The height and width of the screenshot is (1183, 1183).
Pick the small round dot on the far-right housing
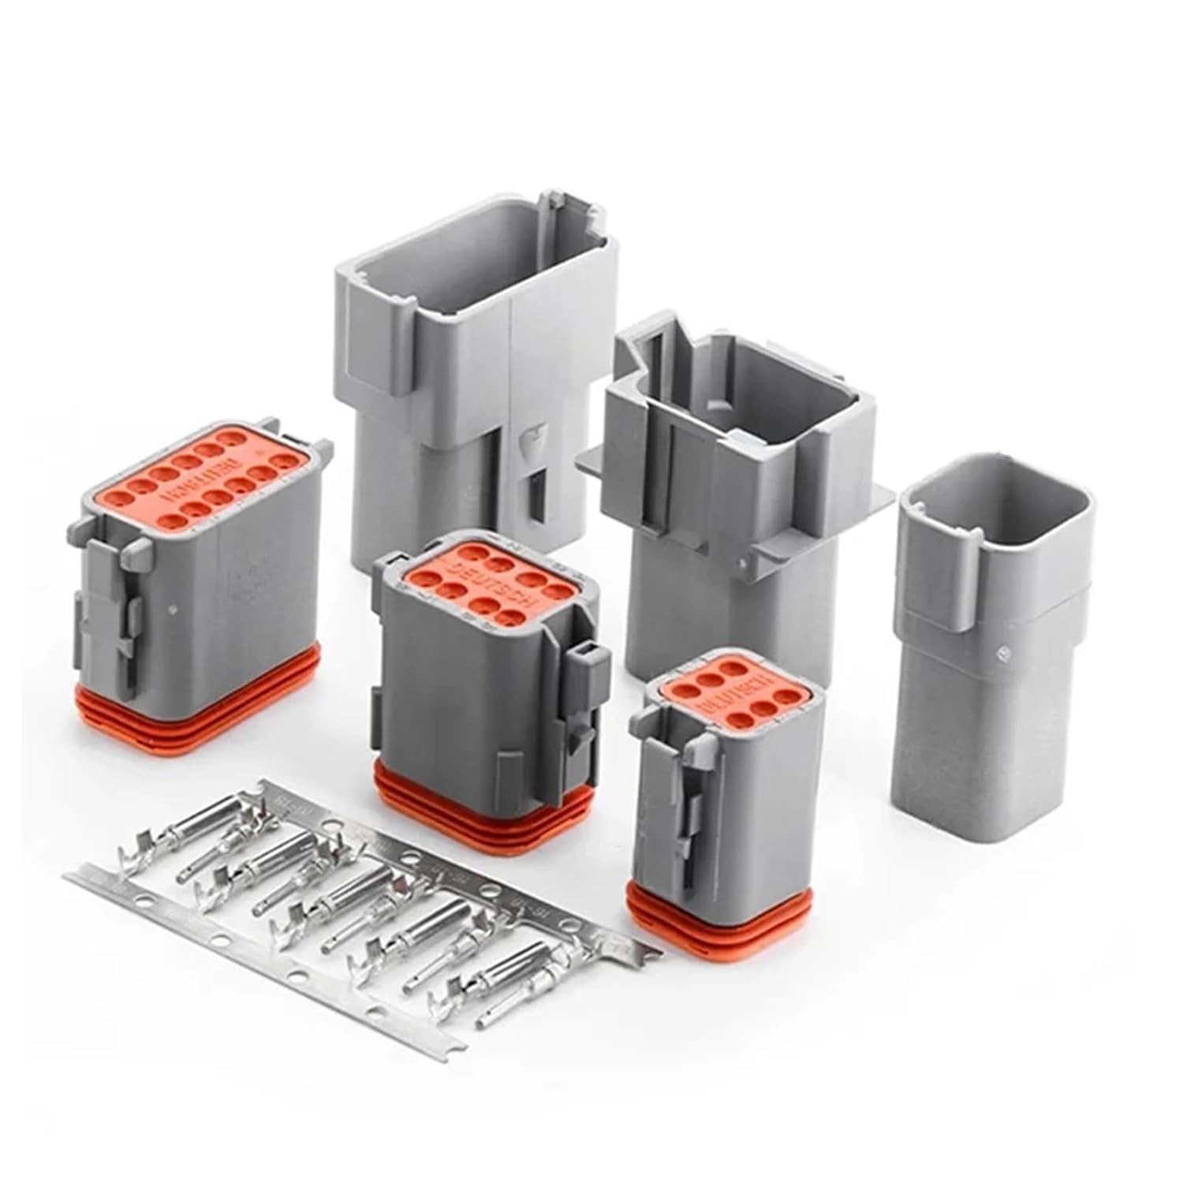1004,652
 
